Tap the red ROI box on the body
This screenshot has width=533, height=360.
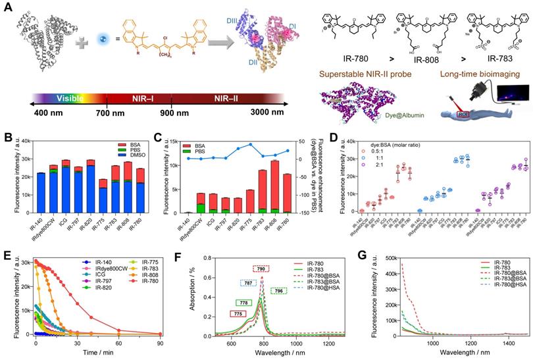tap(461, 118)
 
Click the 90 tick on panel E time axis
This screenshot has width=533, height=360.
tap(161, 342)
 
